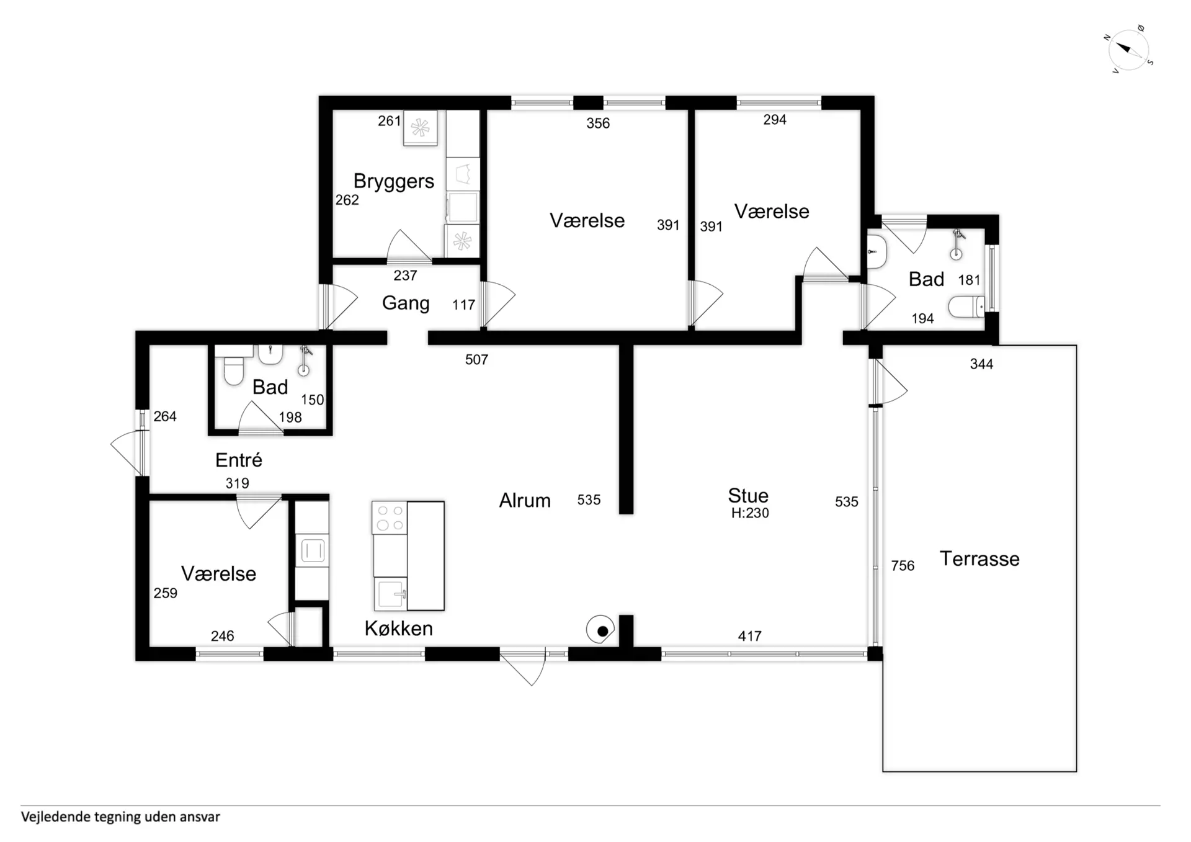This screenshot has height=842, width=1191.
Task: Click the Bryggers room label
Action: pos(394,181)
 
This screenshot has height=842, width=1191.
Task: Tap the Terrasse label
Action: pos(979,558)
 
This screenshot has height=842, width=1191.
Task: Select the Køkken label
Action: pos(398,628)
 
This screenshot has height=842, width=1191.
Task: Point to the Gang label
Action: pos(406,303)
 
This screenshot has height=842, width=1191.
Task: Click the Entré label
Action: pos(239,460)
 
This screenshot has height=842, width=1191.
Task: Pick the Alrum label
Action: pos(525,500)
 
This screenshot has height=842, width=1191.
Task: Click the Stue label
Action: pos(748,495)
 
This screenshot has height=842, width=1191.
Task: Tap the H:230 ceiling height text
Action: pos(750,513)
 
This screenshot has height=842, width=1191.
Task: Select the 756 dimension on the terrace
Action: pos(903,566)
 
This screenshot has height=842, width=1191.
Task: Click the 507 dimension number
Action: pos(476,360)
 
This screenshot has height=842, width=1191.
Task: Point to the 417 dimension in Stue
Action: pos(749,636)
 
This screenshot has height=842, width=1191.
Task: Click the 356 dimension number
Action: pos(598,123)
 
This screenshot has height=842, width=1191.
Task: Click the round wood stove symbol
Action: pos(600,630)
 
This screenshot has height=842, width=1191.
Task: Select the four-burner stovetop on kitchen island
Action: pos(390,518)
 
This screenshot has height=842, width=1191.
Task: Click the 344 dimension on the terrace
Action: pos(981,364)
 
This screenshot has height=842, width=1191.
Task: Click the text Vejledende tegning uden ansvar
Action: pos(120,817)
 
